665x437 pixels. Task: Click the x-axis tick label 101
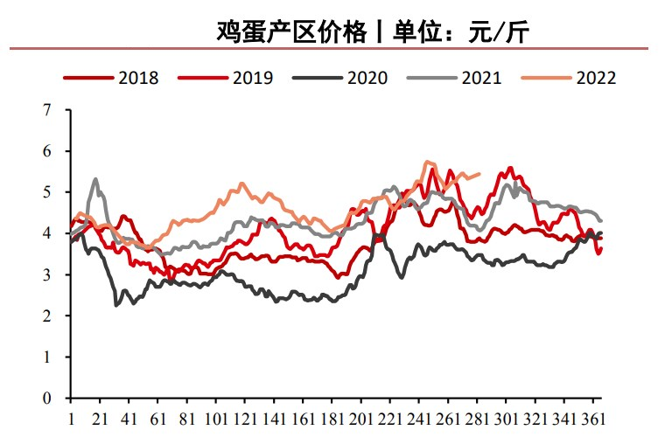coord(215,418)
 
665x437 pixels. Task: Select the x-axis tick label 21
coord(99,418)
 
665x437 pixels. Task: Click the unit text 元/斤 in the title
coord(498,33)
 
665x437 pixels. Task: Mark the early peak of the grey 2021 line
coord(95,179)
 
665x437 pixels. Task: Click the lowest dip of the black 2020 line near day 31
coord(116,305)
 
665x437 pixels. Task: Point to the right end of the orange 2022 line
coord(480,173)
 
